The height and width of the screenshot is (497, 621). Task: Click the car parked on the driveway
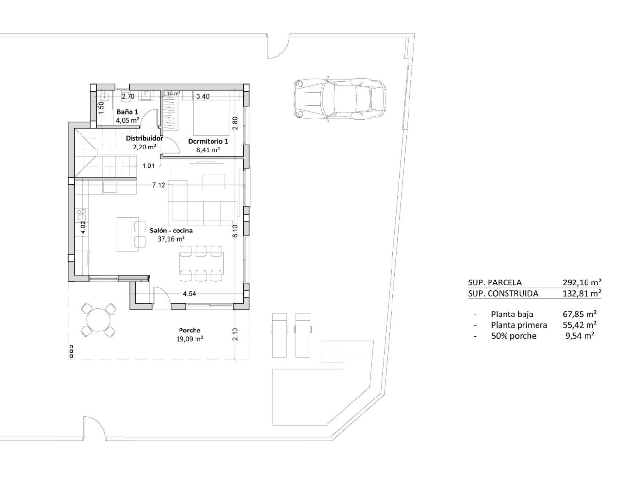tap(340, 99)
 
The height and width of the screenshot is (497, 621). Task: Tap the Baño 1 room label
tap(128, 112)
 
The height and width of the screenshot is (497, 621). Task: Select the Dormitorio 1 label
tap(208, 141)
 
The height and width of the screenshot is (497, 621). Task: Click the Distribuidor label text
tap(144, 138)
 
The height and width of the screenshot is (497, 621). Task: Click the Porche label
tap(189, 331)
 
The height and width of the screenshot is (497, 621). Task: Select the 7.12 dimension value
tap(159, 185)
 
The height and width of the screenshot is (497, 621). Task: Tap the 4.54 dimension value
tap(189, 294)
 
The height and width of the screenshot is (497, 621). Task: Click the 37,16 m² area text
tap(171, 239)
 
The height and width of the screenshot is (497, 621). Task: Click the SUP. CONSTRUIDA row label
tap(503, 293)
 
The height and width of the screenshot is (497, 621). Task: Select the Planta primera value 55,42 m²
tap(581, 325)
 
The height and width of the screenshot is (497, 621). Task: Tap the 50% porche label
tap(513, 336)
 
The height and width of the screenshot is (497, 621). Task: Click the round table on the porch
tap(98, 320)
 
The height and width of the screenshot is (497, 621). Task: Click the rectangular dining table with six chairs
tap(201, 264)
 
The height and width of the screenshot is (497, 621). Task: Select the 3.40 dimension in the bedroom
tap(203, 96)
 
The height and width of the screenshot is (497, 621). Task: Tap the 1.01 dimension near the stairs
tap(148, 166)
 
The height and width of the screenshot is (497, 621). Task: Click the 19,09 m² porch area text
tap(189, 339)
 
